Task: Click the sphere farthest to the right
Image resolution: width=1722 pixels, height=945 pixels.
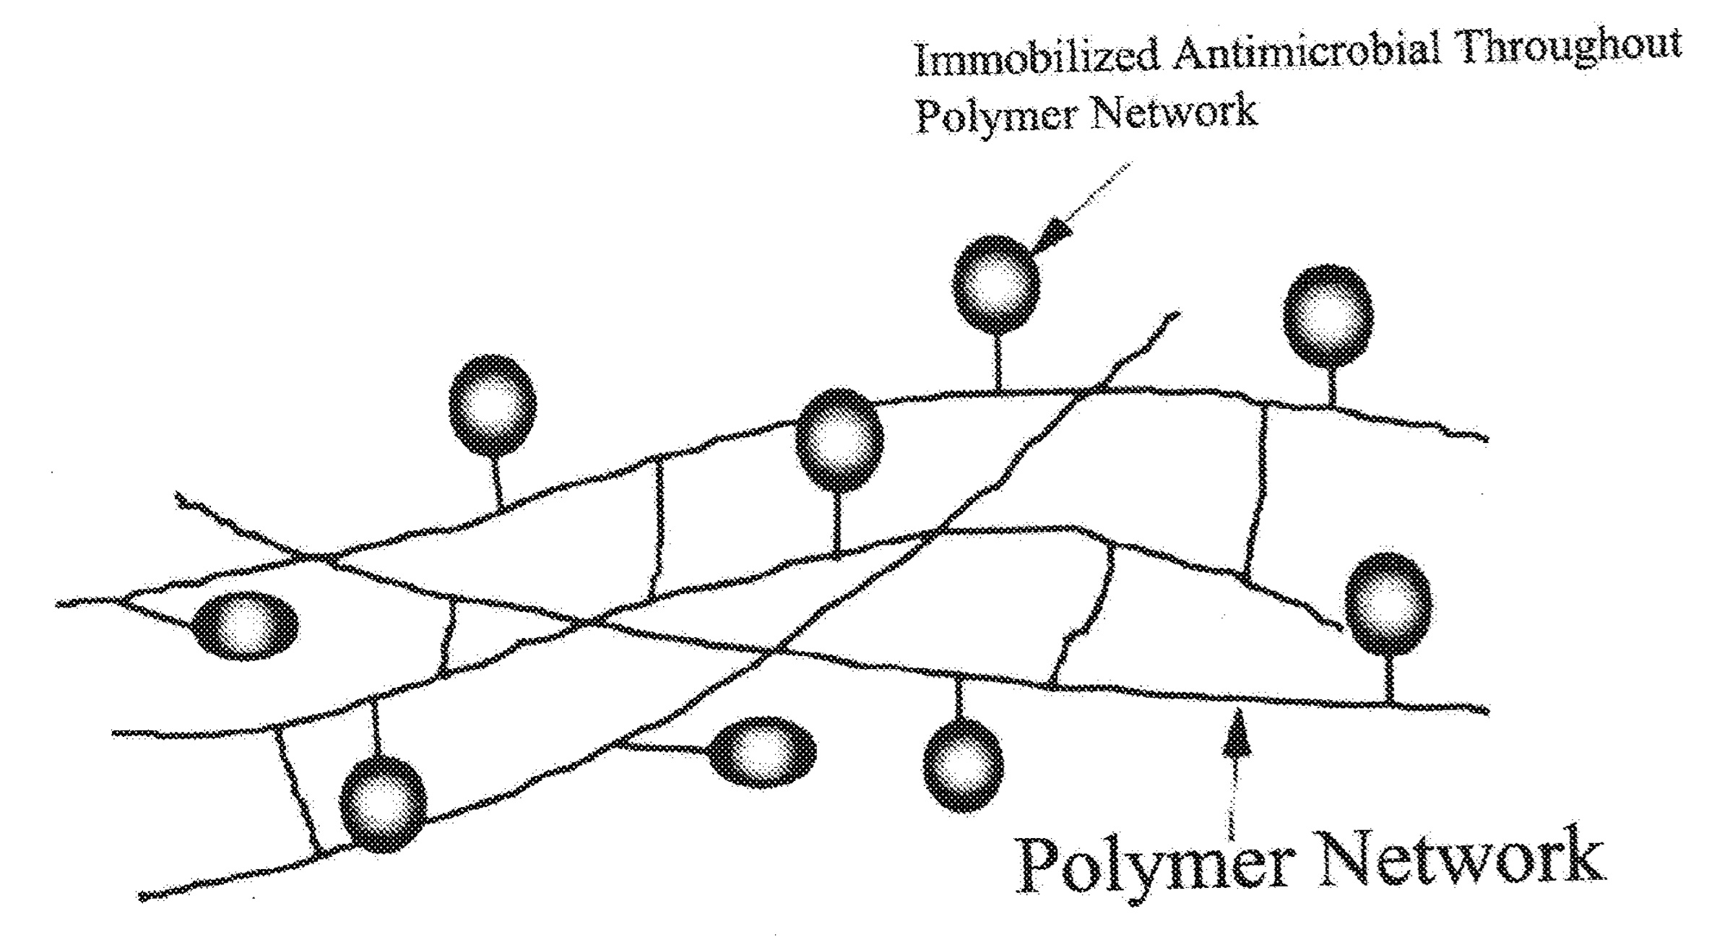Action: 1389,604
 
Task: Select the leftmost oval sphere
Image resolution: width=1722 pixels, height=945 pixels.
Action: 246,626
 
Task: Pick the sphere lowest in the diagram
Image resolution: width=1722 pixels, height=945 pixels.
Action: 383,804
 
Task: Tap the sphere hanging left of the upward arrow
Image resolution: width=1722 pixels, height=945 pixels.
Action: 964,765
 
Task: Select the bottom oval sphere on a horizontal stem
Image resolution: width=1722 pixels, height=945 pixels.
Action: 761,752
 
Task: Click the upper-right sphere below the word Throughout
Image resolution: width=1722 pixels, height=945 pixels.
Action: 1328,316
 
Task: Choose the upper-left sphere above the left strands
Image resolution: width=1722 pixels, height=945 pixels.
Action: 493,405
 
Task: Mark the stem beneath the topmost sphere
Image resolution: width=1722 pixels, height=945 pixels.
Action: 998,361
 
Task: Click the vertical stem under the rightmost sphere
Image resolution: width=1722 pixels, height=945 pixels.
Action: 1389,678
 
